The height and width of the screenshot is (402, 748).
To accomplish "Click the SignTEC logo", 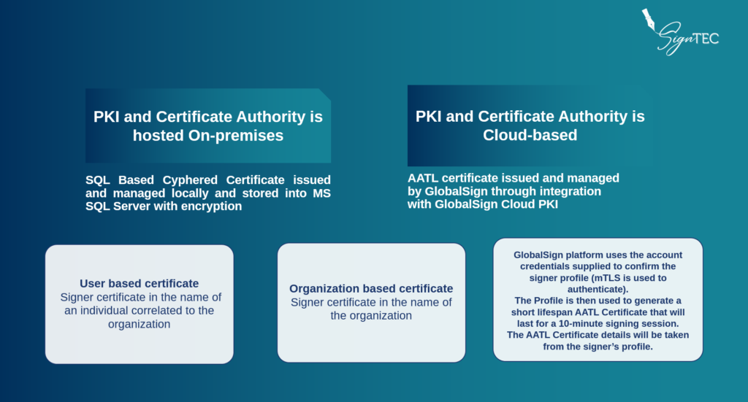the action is tap(680, 32).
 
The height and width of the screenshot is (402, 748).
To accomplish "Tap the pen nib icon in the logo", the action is tap(649, 19).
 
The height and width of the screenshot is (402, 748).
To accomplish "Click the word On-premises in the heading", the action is tap(236, 136).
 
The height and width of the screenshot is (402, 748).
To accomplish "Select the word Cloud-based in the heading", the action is tap(530, 135).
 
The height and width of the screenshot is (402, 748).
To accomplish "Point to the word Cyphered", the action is tap(190, 180).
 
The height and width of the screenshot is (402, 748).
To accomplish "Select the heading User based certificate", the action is tap(140, 283).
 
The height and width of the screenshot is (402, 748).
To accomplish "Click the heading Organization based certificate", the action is tap(371, 289).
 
